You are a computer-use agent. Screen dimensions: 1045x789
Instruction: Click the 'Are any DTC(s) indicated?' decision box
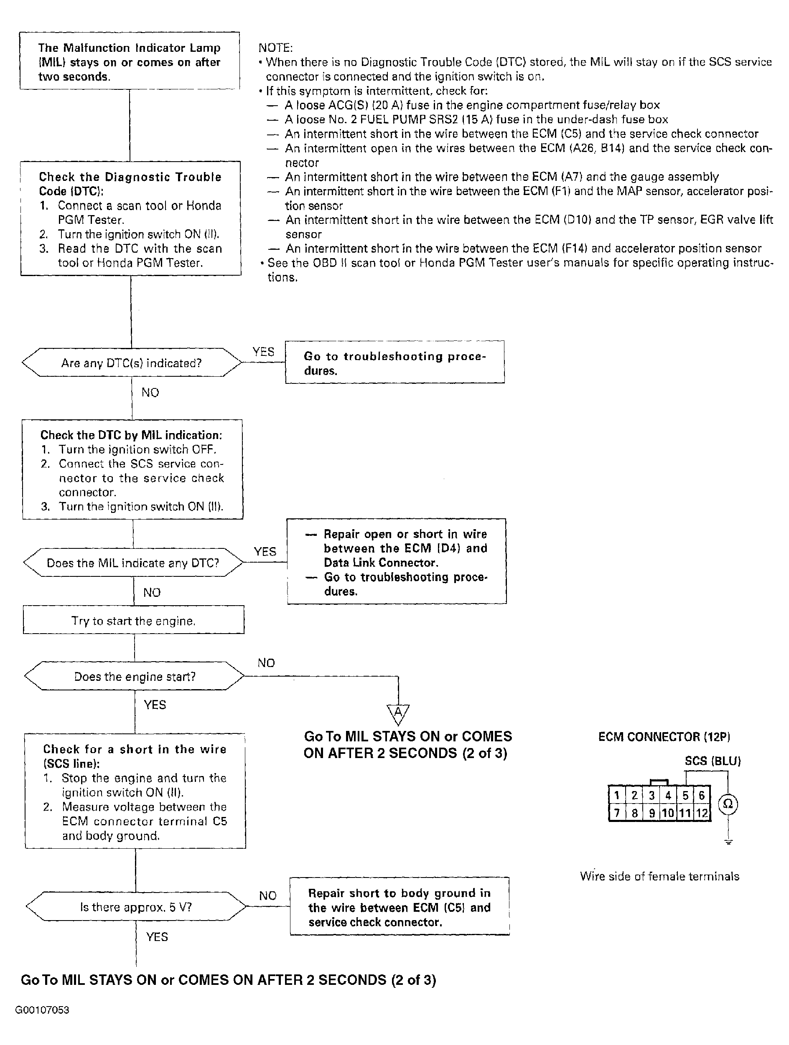131,363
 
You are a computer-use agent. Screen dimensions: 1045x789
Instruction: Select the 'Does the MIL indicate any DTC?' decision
133,563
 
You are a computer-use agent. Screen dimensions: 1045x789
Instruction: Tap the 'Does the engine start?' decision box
135,677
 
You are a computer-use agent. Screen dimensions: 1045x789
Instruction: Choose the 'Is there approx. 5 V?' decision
136,907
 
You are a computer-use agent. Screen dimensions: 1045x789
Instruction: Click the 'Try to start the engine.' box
133,620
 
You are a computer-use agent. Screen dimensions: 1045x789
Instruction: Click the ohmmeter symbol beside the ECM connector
728,804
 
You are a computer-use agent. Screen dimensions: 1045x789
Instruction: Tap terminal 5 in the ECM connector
685,796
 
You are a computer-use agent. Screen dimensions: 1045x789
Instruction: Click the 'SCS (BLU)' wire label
713,761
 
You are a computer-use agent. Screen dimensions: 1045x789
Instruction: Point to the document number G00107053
42,1010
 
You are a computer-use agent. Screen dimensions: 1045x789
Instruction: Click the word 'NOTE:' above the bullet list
275,48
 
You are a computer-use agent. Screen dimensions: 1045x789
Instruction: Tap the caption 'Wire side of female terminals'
659,876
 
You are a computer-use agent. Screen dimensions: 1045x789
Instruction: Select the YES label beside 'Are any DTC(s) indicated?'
263,352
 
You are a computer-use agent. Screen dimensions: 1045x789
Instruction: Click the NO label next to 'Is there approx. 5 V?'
267,896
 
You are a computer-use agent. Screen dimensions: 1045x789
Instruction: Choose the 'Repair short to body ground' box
400,907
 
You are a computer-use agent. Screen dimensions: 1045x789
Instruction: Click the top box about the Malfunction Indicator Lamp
130,61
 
